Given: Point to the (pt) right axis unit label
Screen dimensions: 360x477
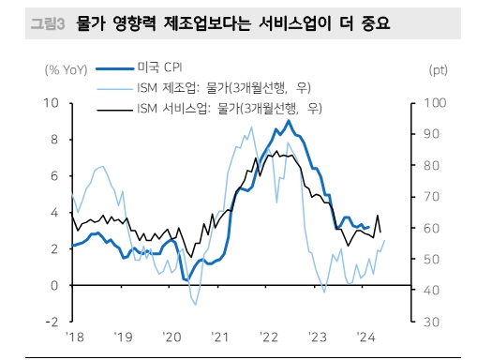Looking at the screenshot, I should pyautogui.click(x=438, y=69).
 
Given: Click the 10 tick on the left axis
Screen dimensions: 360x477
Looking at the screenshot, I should pyautogui.click(x=52, y=102).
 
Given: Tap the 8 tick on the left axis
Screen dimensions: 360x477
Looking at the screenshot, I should pyautogui.click(x=55, y=139).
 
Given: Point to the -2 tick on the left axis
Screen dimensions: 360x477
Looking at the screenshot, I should pyautogui.click(x=53, y=322).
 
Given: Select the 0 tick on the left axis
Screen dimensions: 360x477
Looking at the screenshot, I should pyautogui.click(x=55, y=285).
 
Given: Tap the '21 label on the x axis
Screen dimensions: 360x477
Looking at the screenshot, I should pyautogui.click(x=219, y=336).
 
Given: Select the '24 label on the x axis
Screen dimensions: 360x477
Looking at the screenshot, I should pyautogui.click(x=366, y=336).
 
